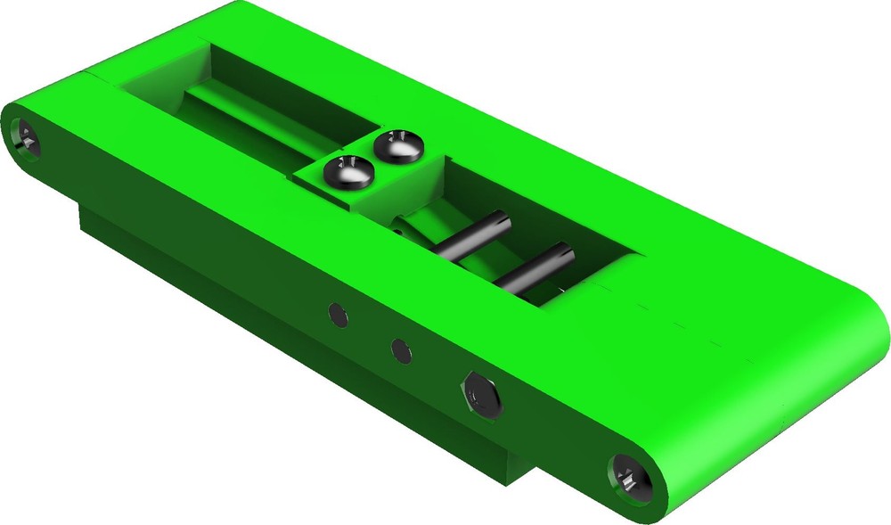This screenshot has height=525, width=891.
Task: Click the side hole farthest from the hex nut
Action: click(337, 314)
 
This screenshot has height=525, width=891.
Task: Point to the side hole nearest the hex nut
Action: click(403, 350)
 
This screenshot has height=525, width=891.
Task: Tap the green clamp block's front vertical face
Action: click(330, 192)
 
